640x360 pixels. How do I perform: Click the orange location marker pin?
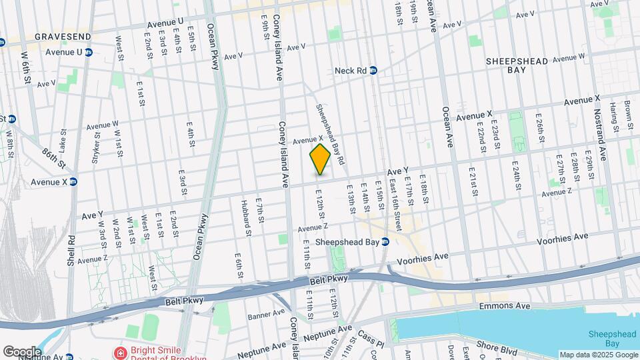click(x=320, y=159)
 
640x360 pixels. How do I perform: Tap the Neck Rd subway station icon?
click(x=373, y=70)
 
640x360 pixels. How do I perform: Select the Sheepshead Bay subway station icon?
click(x=385, y=242)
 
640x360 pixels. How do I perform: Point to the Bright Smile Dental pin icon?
click(x=121, y=351)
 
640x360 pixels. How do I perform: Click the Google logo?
click(x=22, y=351)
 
